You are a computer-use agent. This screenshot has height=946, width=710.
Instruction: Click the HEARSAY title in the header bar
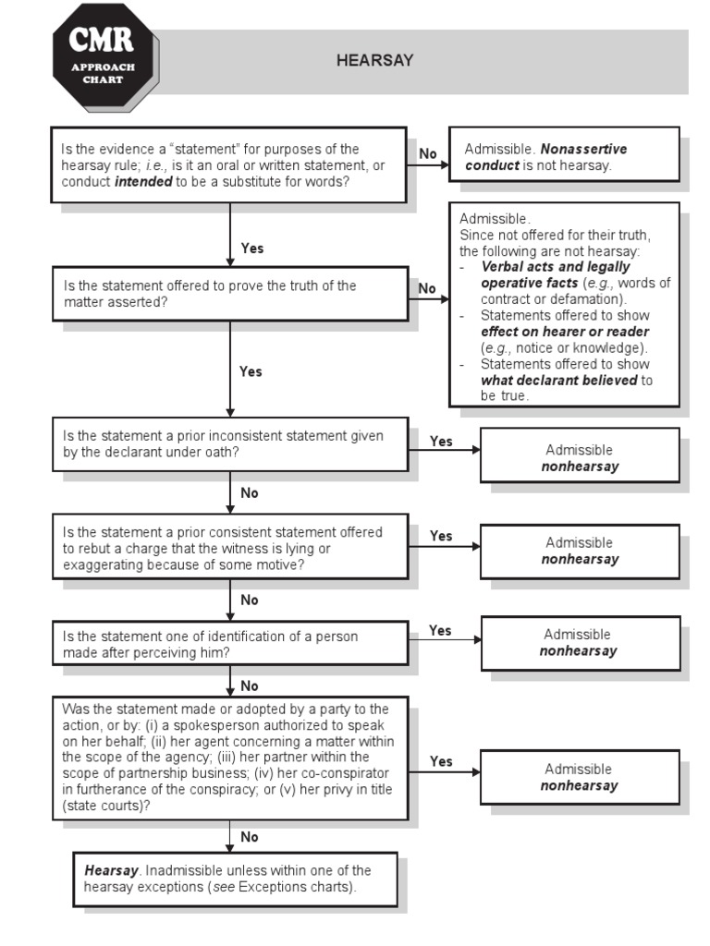point(374,61)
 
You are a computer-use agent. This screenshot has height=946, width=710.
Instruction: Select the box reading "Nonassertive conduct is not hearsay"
point(564,156)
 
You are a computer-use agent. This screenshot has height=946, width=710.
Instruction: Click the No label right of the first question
point(428,153)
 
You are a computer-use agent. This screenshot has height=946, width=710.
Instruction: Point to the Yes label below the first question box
point(251,249)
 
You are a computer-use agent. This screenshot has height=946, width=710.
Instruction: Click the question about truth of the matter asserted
point(229,294)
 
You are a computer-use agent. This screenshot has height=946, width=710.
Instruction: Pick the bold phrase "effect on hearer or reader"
point(564,332)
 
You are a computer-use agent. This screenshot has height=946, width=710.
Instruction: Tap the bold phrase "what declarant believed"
point(559,380)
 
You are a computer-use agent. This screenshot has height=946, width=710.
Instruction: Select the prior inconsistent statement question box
point(229,443)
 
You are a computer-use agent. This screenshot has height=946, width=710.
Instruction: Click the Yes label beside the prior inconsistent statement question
point(441,442)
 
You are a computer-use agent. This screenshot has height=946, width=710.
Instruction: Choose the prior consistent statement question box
point(229,548)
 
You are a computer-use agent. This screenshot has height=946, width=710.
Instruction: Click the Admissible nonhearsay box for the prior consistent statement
point(580,551)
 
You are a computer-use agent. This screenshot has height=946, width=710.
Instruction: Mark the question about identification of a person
point(229,643)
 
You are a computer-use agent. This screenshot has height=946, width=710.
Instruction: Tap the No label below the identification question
point(250,686)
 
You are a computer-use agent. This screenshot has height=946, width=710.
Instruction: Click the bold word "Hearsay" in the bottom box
point(111,870)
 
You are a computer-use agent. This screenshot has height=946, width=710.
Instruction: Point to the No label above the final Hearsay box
point(250,837)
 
